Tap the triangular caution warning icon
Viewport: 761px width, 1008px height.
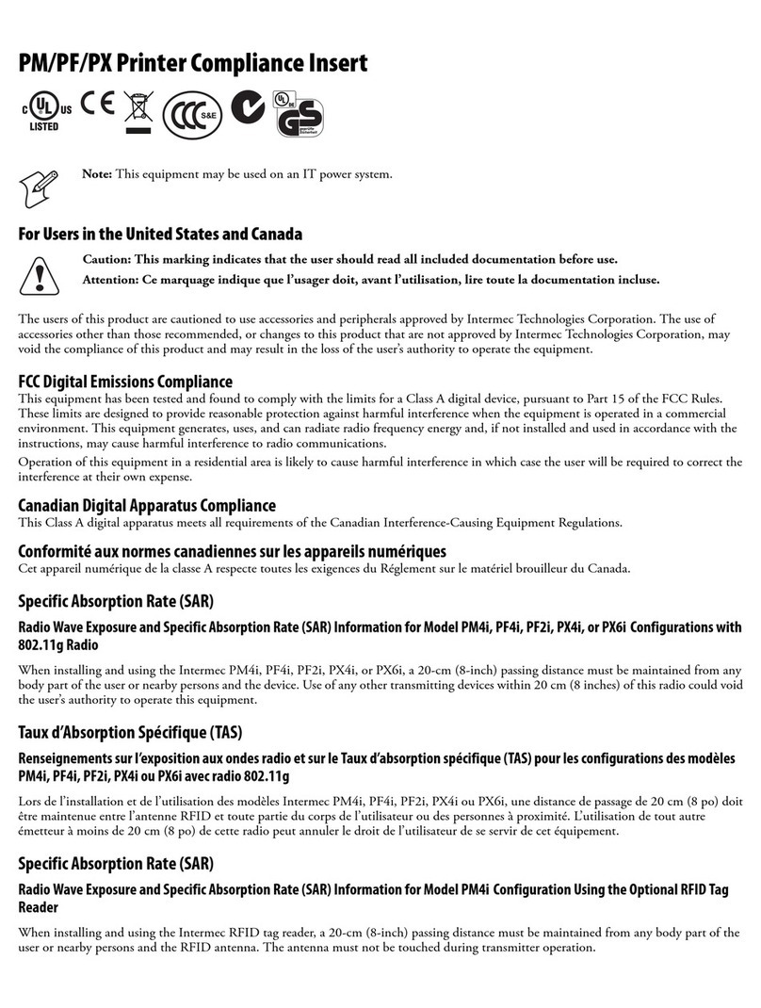click(x=40, y=273)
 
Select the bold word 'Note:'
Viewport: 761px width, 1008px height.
click(x=98, y=173)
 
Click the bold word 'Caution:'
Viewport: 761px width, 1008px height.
click(x=107, y=259)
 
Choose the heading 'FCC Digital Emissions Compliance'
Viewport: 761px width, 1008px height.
click(x=125, y=382)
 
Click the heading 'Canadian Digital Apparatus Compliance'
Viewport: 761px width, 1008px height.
click(x=147, y=506)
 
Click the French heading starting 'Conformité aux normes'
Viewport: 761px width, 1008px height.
click(x=232, y=550)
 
